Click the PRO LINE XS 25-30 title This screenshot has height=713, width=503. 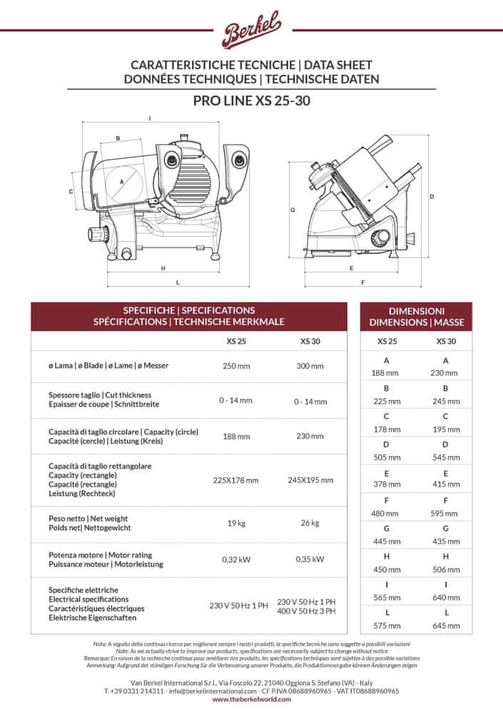point(251,101)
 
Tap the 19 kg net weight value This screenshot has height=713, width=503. point(236,523)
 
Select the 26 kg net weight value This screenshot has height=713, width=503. point(310,523)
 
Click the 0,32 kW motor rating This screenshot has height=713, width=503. point(236,560)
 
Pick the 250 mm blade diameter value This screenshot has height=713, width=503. point(236,366)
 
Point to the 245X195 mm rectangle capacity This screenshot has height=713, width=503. point(310,480)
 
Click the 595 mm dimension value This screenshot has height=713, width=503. point(446,513)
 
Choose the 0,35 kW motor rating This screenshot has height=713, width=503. point(310,560)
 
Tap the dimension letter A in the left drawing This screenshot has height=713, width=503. point(122,183)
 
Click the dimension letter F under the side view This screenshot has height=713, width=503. point(362,282)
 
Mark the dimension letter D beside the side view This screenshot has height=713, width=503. point(432,196)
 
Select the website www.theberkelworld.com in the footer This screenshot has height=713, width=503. point(251,699)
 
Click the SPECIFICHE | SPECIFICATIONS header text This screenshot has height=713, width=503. point(189,311)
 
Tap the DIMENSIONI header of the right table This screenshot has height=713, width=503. point(417,311)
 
